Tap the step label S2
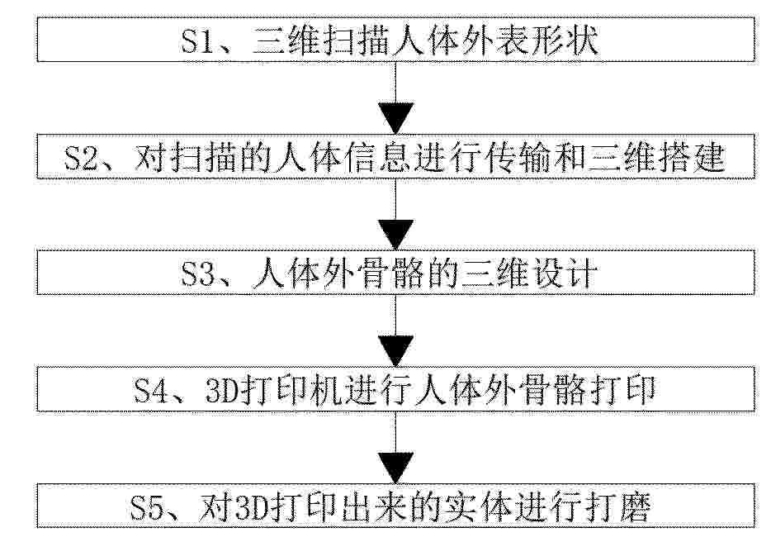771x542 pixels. pyautogui.click(x=82, y=158)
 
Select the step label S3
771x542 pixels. pyautogui.click(x=199, y=274)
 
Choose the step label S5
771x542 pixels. pyautogui.click(x=148, y=507)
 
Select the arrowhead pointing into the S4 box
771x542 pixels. pyautogui.click(x=396, y=351)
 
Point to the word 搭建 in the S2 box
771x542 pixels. pyautogui.click(x=690, y=158)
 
